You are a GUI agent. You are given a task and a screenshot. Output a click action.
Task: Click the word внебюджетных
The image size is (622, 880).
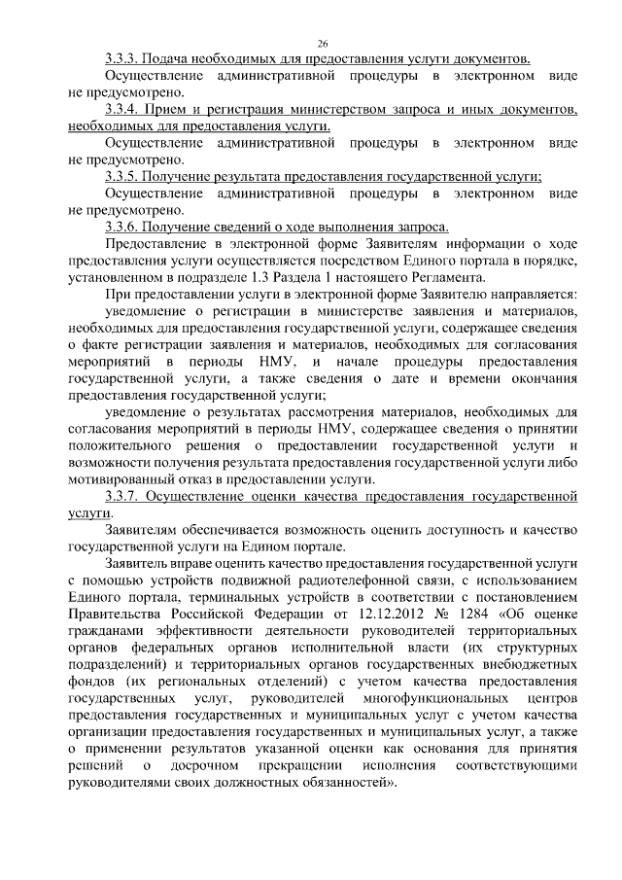point(533,665)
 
